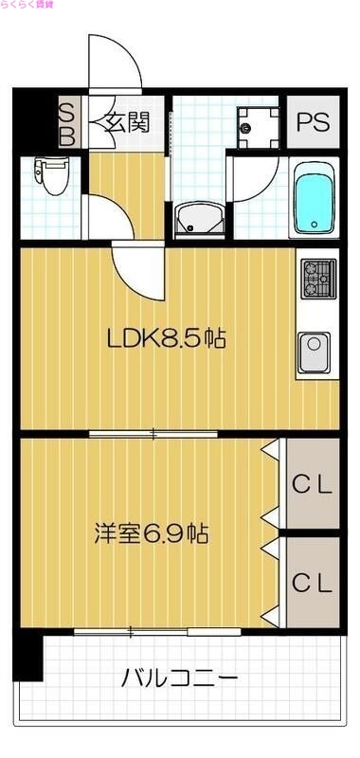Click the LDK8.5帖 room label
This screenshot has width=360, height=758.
pos(166,337)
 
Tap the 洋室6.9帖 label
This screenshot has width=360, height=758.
pos(152,532)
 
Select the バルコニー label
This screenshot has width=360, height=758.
pos(179,678)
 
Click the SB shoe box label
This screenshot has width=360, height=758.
pos(68,123)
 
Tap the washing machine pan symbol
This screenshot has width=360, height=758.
pos(257,124)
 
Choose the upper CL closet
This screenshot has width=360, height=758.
pos(312,486)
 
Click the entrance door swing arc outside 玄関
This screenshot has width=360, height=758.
pos(114,62)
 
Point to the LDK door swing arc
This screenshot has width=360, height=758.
pos(137,265)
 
